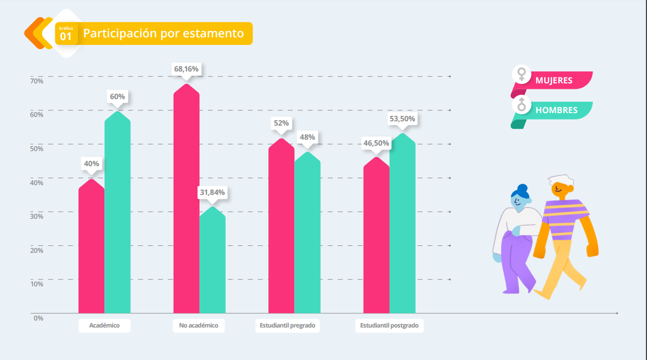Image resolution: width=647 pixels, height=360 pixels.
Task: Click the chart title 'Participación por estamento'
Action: (x=163, y=34)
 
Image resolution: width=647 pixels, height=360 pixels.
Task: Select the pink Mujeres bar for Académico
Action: (x=91, y=249)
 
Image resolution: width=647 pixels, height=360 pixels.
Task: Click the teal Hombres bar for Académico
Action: (x=117, y=217)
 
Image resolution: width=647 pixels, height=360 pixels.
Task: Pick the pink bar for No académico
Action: (x=186, y=200)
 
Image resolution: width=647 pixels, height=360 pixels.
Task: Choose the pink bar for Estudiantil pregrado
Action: (x=281, y=227)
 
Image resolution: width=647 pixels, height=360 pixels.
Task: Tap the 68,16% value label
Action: (x=187, y=69)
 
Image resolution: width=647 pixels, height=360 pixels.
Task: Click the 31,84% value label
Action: (x=213, y=192)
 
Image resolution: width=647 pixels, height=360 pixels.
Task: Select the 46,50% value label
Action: (x=376, y=143)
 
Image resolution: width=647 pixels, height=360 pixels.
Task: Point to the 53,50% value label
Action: (x=402, y=119)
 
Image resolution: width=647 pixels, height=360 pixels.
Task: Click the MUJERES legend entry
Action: (x=553, y=81)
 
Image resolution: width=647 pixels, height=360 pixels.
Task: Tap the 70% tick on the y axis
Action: (x=37, y=81)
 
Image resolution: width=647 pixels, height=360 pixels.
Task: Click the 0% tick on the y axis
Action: (x=38, y=318)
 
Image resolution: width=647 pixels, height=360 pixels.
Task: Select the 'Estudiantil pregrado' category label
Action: (x=287, y=326)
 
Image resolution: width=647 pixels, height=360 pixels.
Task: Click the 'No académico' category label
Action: (x=199, y=326)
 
